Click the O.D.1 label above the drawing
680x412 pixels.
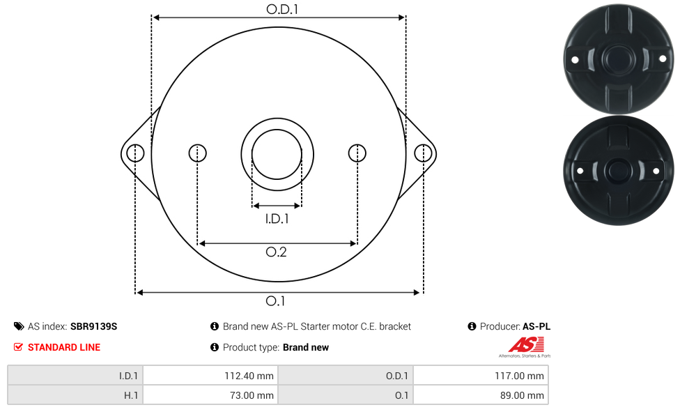(282, 9)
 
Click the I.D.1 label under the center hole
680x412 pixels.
(277, 218)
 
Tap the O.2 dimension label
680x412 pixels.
(276, 252)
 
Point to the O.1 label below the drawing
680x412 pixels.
(275, 301)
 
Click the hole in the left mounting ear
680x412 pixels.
(135, 153)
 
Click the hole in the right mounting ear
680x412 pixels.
(423, 153)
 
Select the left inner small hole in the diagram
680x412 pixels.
(197, 153)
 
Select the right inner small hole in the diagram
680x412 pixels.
(357, 153)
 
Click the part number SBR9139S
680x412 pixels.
(93, 326)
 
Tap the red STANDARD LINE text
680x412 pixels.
(64, 347)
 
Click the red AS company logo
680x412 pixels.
(526, 345)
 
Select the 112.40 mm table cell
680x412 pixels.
(211, 376)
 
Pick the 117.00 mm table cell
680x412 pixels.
(481, 376)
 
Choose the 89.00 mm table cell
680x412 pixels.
(481, 395)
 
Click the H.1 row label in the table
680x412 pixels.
(130, 395)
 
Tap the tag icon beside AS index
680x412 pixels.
(19, 326)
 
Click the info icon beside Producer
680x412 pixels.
(472, 326)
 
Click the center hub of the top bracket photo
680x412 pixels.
(619, 59)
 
